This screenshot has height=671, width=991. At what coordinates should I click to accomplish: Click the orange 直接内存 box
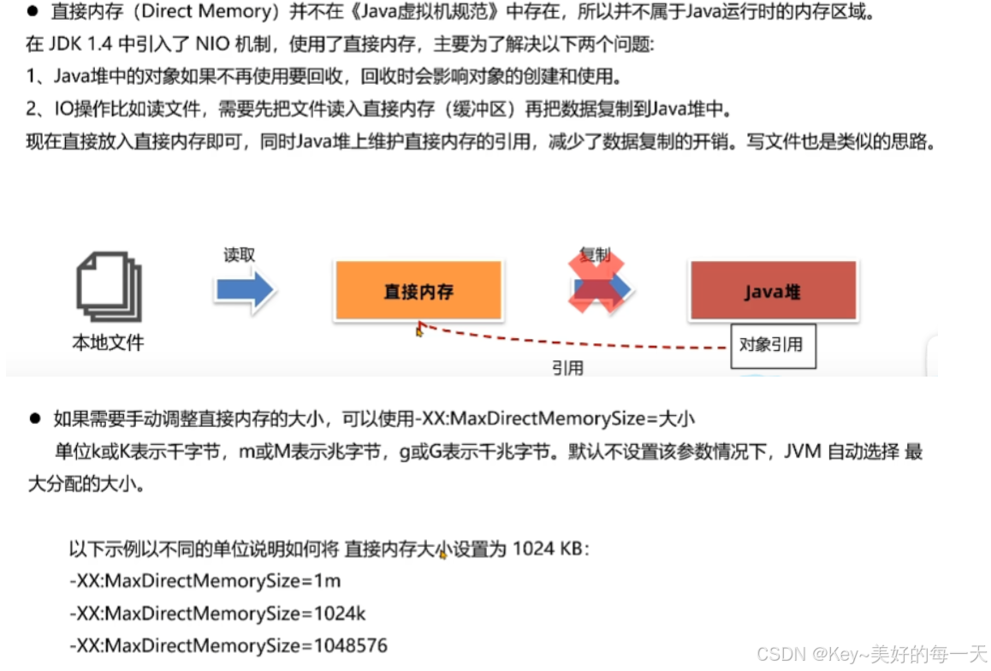(x=418, y=291)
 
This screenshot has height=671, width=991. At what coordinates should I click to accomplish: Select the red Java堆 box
(x=772, y=291)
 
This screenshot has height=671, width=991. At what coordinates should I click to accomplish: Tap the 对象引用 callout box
(x=772, y=346)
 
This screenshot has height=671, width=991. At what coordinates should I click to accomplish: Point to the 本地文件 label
(x=108, y=343)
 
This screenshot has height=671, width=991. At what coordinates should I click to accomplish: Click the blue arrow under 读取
(x=245, y=290)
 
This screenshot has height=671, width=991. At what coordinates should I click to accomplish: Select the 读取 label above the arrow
(x=240, y=255)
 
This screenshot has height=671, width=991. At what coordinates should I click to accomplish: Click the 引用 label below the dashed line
(x=567, y=368)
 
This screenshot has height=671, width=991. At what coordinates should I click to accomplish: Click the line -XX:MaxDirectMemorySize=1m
(x=205, y=581)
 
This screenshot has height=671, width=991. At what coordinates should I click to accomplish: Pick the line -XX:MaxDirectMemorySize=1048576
(x=228, y=645)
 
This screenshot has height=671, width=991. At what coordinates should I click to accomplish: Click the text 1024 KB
(x=547, y=549)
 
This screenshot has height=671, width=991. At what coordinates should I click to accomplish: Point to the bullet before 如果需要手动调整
(x=35, y=419)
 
